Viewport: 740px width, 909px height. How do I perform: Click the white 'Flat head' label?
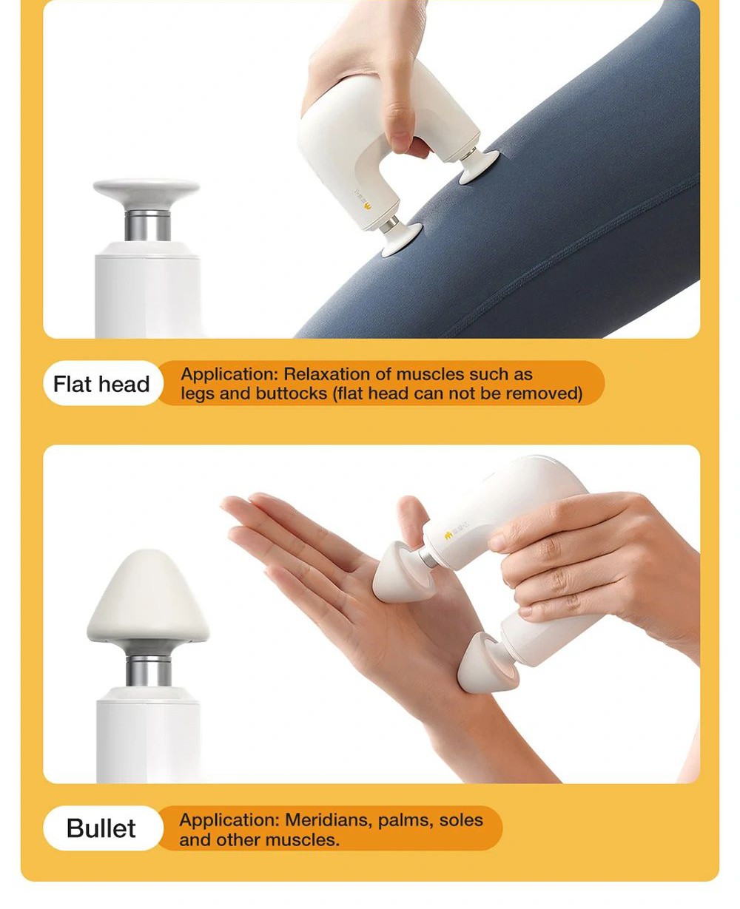pos(101,384)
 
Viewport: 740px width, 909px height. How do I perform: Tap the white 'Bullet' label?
pos(101,828)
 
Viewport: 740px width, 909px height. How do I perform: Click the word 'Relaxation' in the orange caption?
pos(329,374)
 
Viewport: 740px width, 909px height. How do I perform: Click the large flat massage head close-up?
pos(147,192)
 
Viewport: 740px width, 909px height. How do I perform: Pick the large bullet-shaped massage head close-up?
pos(148,595)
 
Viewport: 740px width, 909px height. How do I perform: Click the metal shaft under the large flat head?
pos(147,226)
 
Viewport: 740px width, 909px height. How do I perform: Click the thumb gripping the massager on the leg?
pos(400,122)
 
